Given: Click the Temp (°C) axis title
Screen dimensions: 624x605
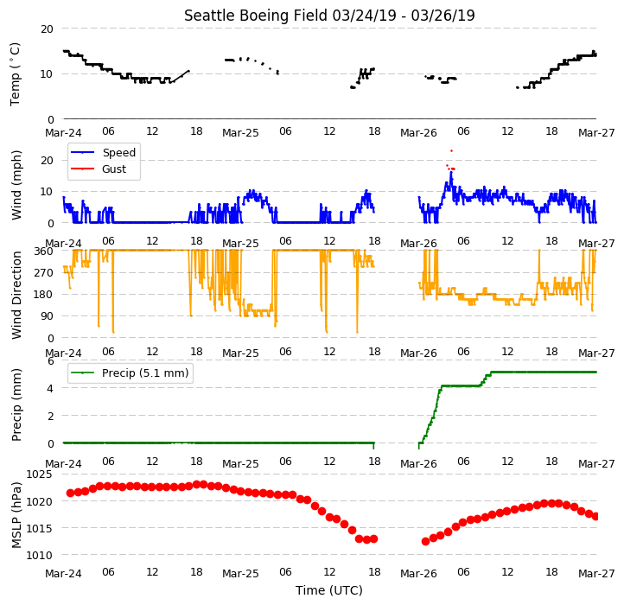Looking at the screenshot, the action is pos(15,74).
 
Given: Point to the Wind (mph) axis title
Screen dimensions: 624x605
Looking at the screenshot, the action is pos(16,185).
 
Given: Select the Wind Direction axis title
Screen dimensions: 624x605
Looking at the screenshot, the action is pos(16,295).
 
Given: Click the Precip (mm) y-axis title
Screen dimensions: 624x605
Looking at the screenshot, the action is pos(16,404).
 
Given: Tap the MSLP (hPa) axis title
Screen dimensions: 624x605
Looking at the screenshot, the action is pos(16,515).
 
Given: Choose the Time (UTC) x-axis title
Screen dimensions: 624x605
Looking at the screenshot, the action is pos(329,590).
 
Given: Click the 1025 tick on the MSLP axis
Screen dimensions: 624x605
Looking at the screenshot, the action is pos(39,474).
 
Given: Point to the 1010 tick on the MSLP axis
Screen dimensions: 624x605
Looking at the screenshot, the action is pos(39,555).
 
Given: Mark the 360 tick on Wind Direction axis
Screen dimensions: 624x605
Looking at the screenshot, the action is pos(43,252).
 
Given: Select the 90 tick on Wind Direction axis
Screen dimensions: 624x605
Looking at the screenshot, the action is pos(47,316).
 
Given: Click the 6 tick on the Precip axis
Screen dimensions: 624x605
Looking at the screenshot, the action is pos(50,361).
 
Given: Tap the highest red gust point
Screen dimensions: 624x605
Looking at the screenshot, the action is pos(451,151).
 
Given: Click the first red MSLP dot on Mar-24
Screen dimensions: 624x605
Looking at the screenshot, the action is pos(71,494).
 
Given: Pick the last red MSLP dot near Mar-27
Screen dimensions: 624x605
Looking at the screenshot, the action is pos(595,516).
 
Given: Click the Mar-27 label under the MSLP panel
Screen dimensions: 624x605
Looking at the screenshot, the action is pos(596,574).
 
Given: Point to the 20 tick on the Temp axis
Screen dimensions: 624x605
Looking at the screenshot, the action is pos(47,29).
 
